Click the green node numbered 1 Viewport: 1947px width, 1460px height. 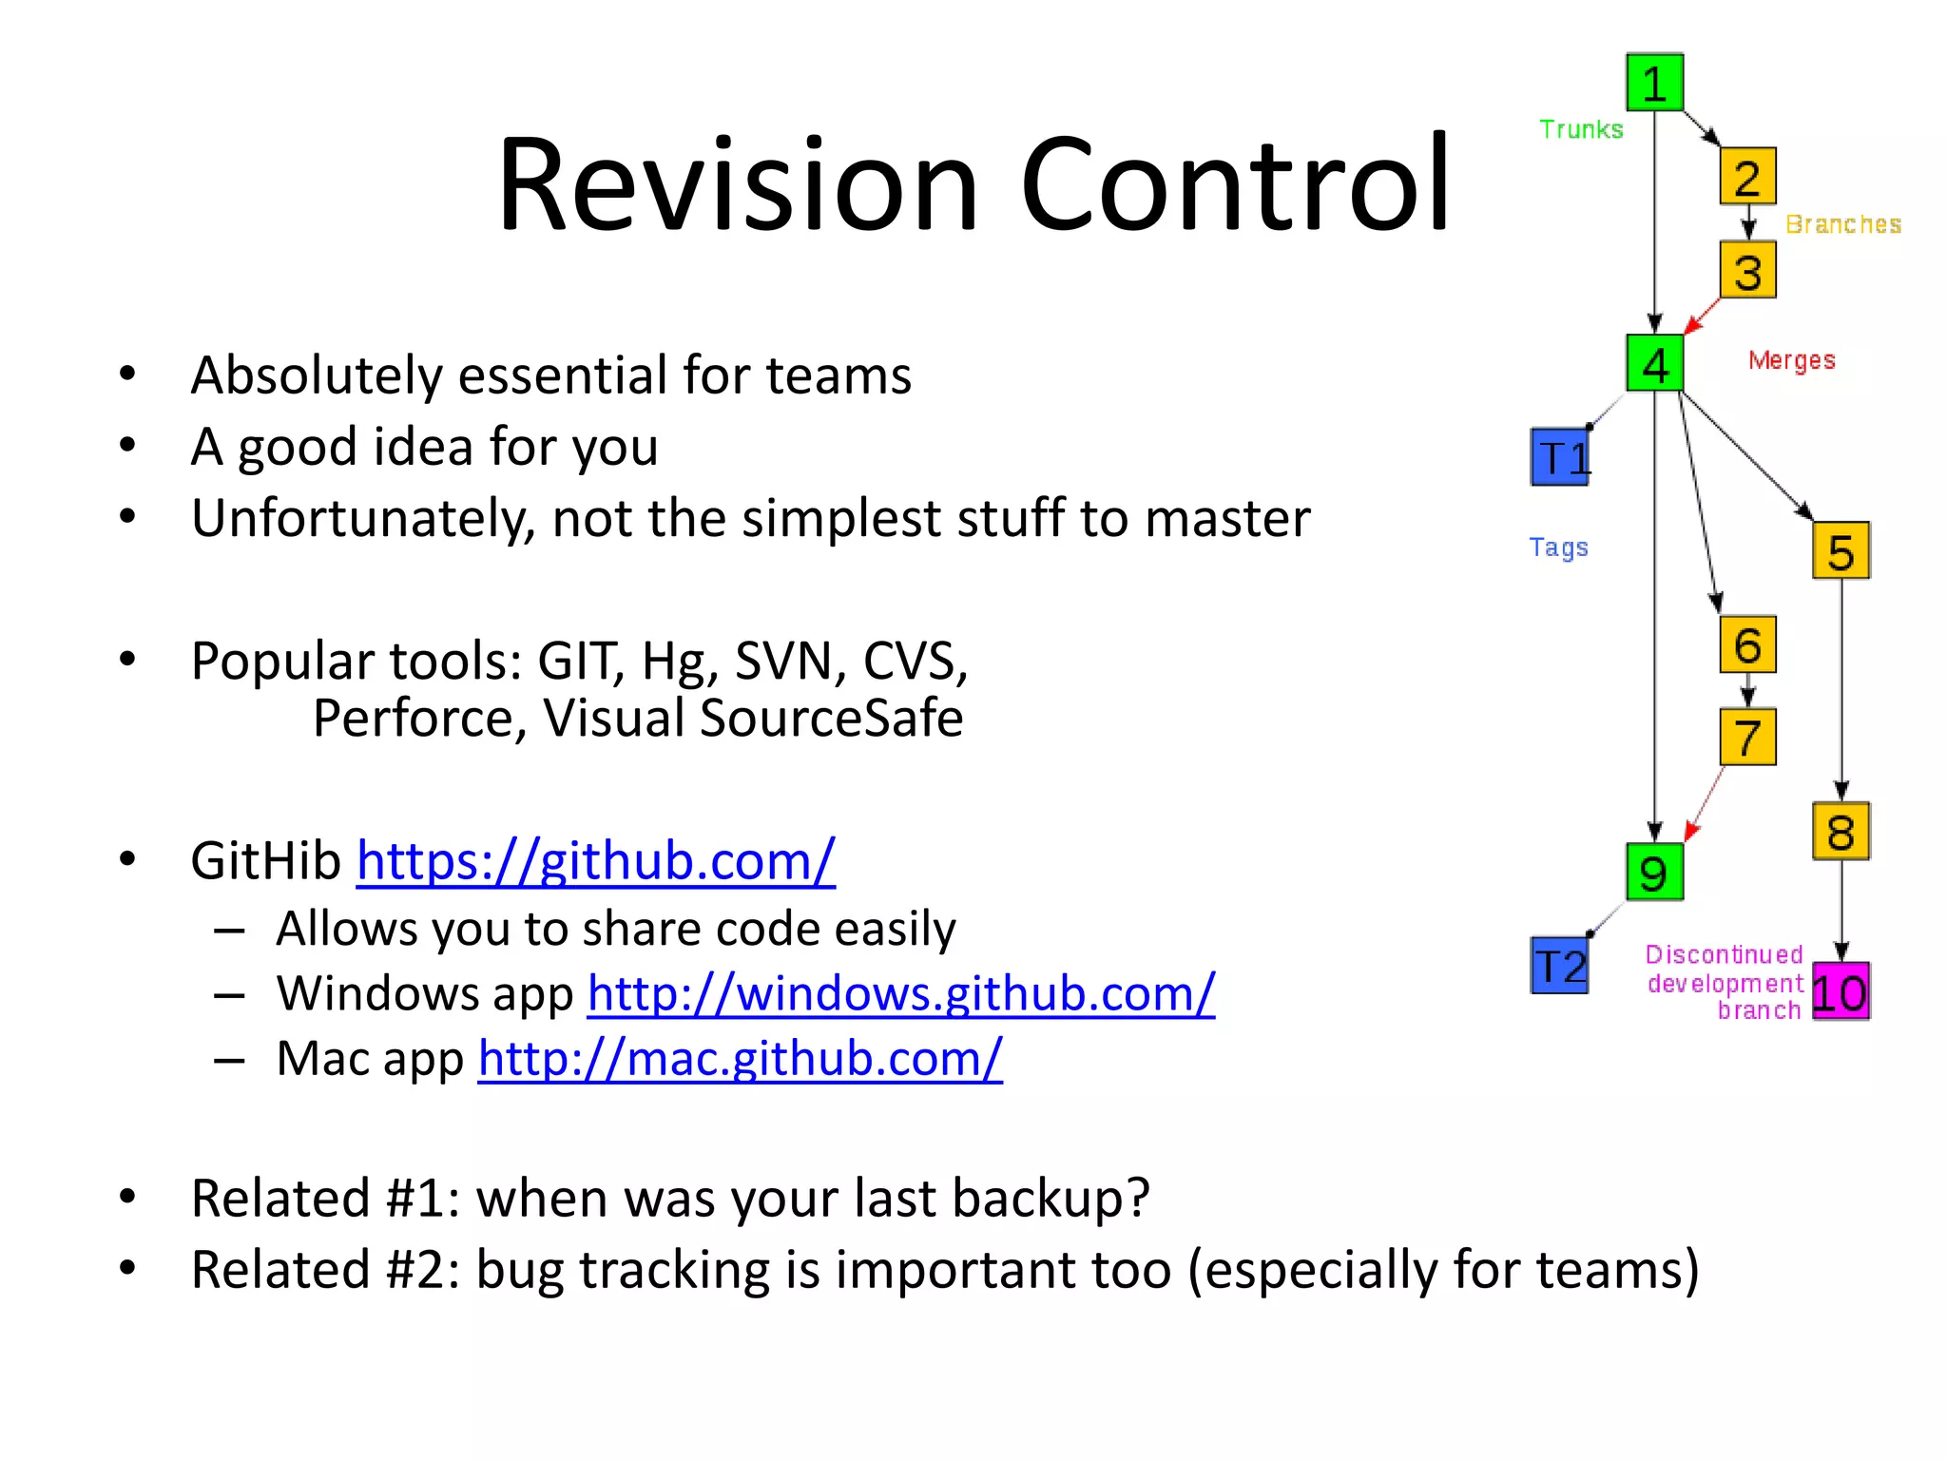click(1654, 83)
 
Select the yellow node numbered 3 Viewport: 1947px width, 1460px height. click(1747, 271)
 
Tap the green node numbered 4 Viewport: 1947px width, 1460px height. click(1654, 363)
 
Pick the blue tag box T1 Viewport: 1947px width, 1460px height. click(1560, 457)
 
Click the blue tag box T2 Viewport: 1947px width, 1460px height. click(1560, 966)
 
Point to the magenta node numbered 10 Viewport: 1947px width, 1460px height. click(1841, 992)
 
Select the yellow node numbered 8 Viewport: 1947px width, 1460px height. click(1841, 832)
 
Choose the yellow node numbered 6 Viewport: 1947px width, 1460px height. click(1747, 644)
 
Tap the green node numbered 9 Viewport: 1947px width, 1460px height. click(1654, 872)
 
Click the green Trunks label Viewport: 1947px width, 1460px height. click(1581, 129)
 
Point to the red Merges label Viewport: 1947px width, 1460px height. click(1791, 360)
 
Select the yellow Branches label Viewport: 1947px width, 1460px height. click(1842, 224)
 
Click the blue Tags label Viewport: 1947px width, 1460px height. click(1558, 547)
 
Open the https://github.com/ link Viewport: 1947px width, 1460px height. click(596, 861)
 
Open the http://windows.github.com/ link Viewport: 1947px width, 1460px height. click(900, 993)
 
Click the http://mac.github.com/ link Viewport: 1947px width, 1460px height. click(740, 1058)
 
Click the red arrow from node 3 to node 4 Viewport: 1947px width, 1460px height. click(1702, 316)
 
